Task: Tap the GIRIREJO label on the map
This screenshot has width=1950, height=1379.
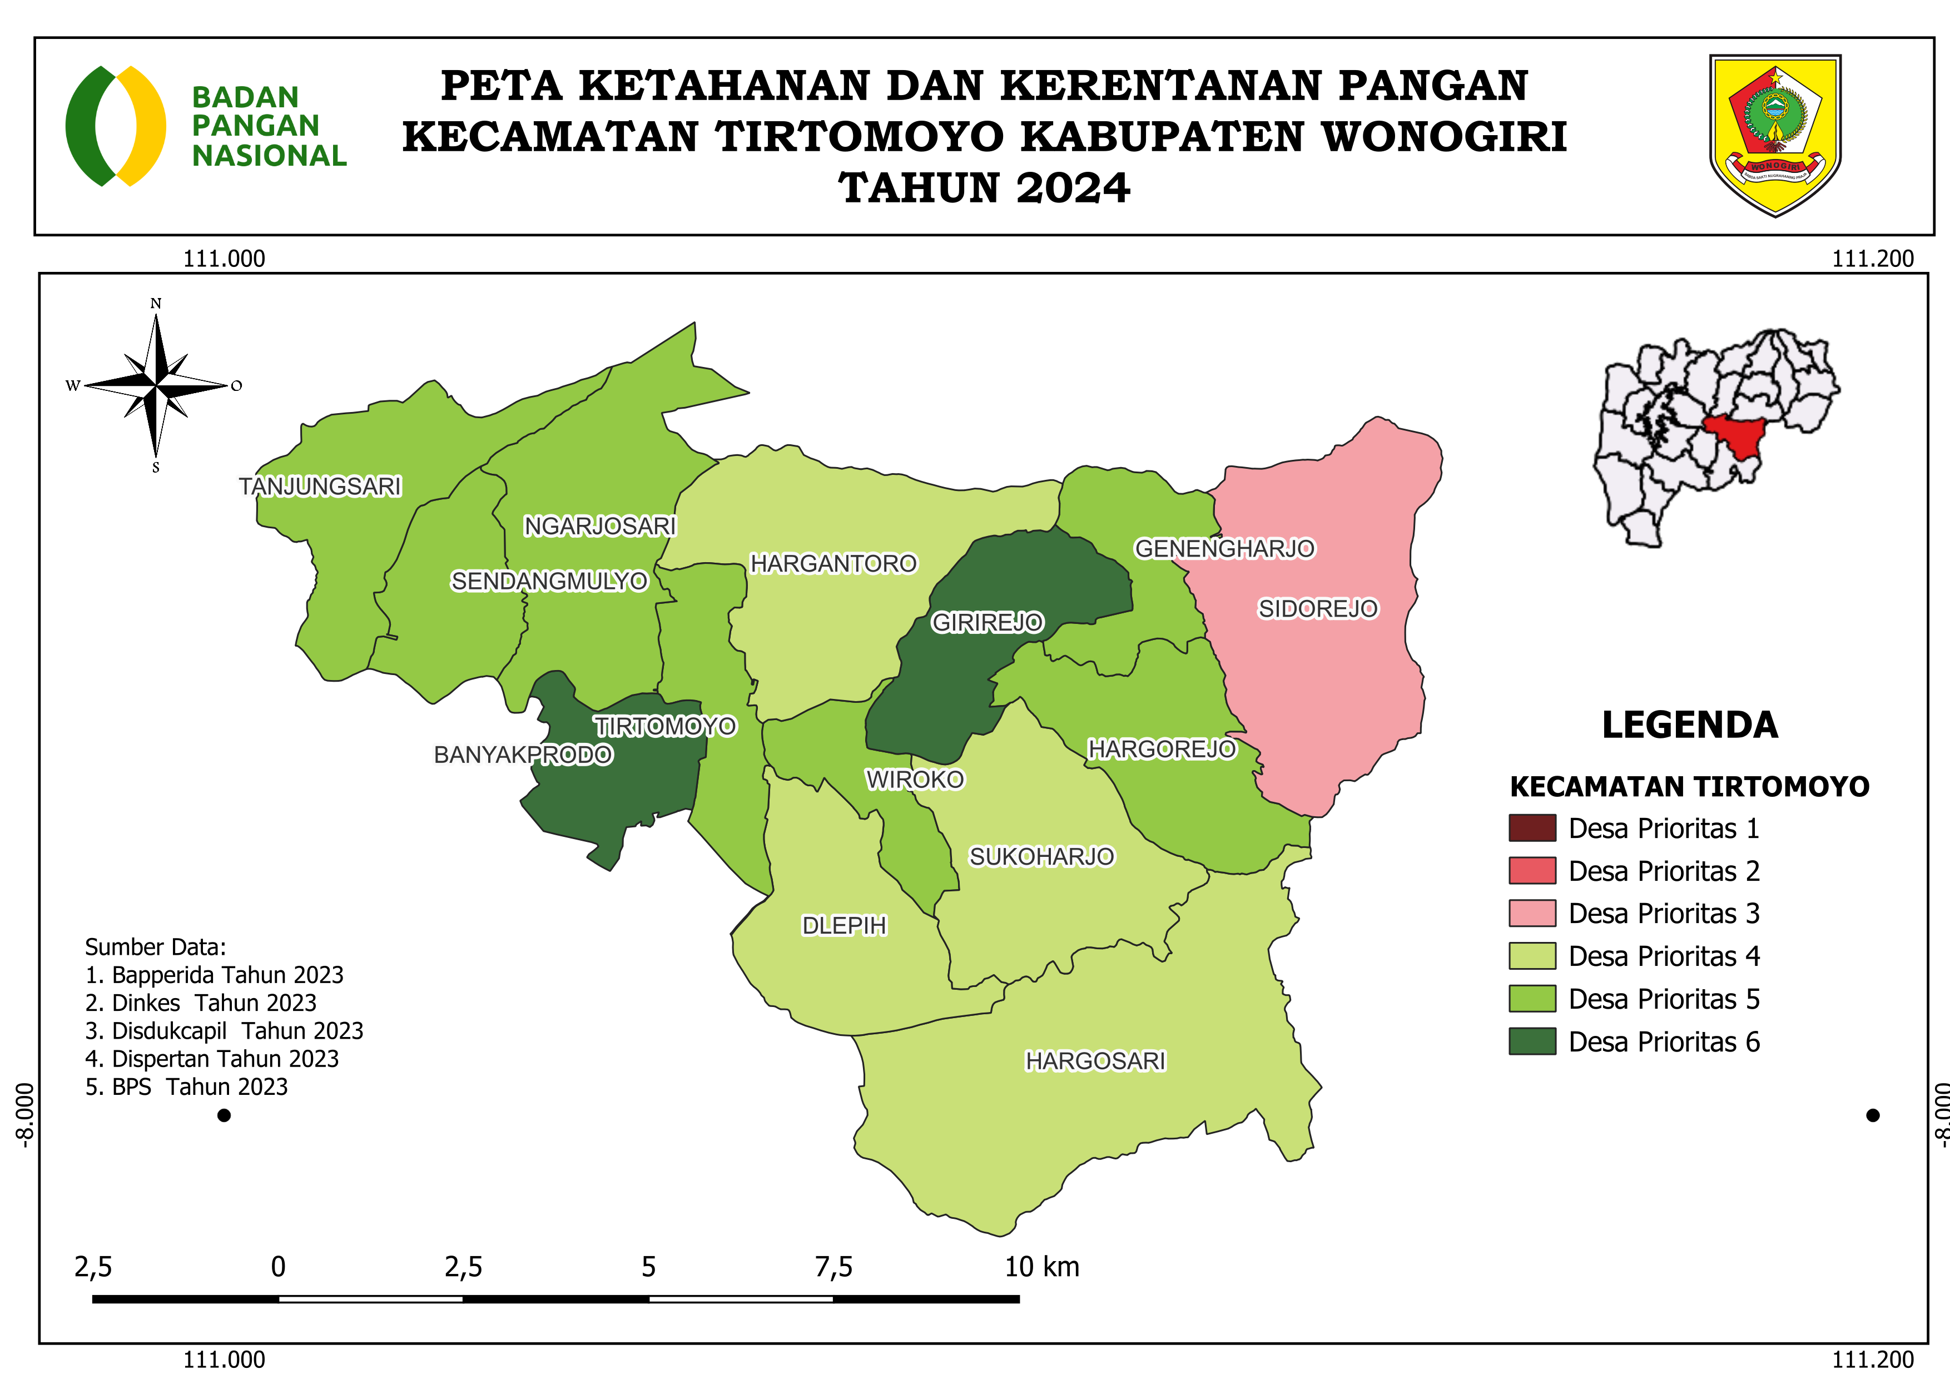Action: [x=987, y=622]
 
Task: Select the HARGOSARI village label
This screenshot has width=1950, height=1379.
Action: [x=1095, y=1060]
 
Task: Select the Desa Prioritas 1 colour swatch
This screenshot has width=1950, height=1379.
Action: [x=1531, y=828]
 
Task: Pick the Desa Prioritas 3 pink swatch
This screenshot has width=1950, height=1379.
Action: [x=1531, y=913]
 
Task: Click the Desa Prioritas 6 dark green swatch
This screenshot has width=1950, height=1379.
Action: [x=1531, y=1041]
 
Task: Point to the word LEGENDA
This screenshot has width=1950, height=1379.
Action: [x=1689, y=725]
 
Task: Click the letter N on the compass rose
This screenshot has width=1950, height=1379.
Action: [x=156, y=303]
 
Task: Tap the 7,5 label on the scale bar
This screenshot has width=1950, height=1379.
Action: [x=833, y=1267]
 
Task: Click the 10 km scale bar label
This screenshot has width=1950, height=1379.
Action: [x=1041, y=1267]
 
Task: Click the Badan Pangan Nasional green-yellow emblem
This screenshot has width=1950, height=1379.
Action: [x=116, y=126]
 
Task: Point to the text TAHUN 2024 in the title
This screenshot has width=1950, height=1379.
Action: [x=984, y=187]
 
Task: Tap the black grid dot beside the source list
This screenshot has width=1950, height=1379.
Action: [x=224, y=1115]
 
